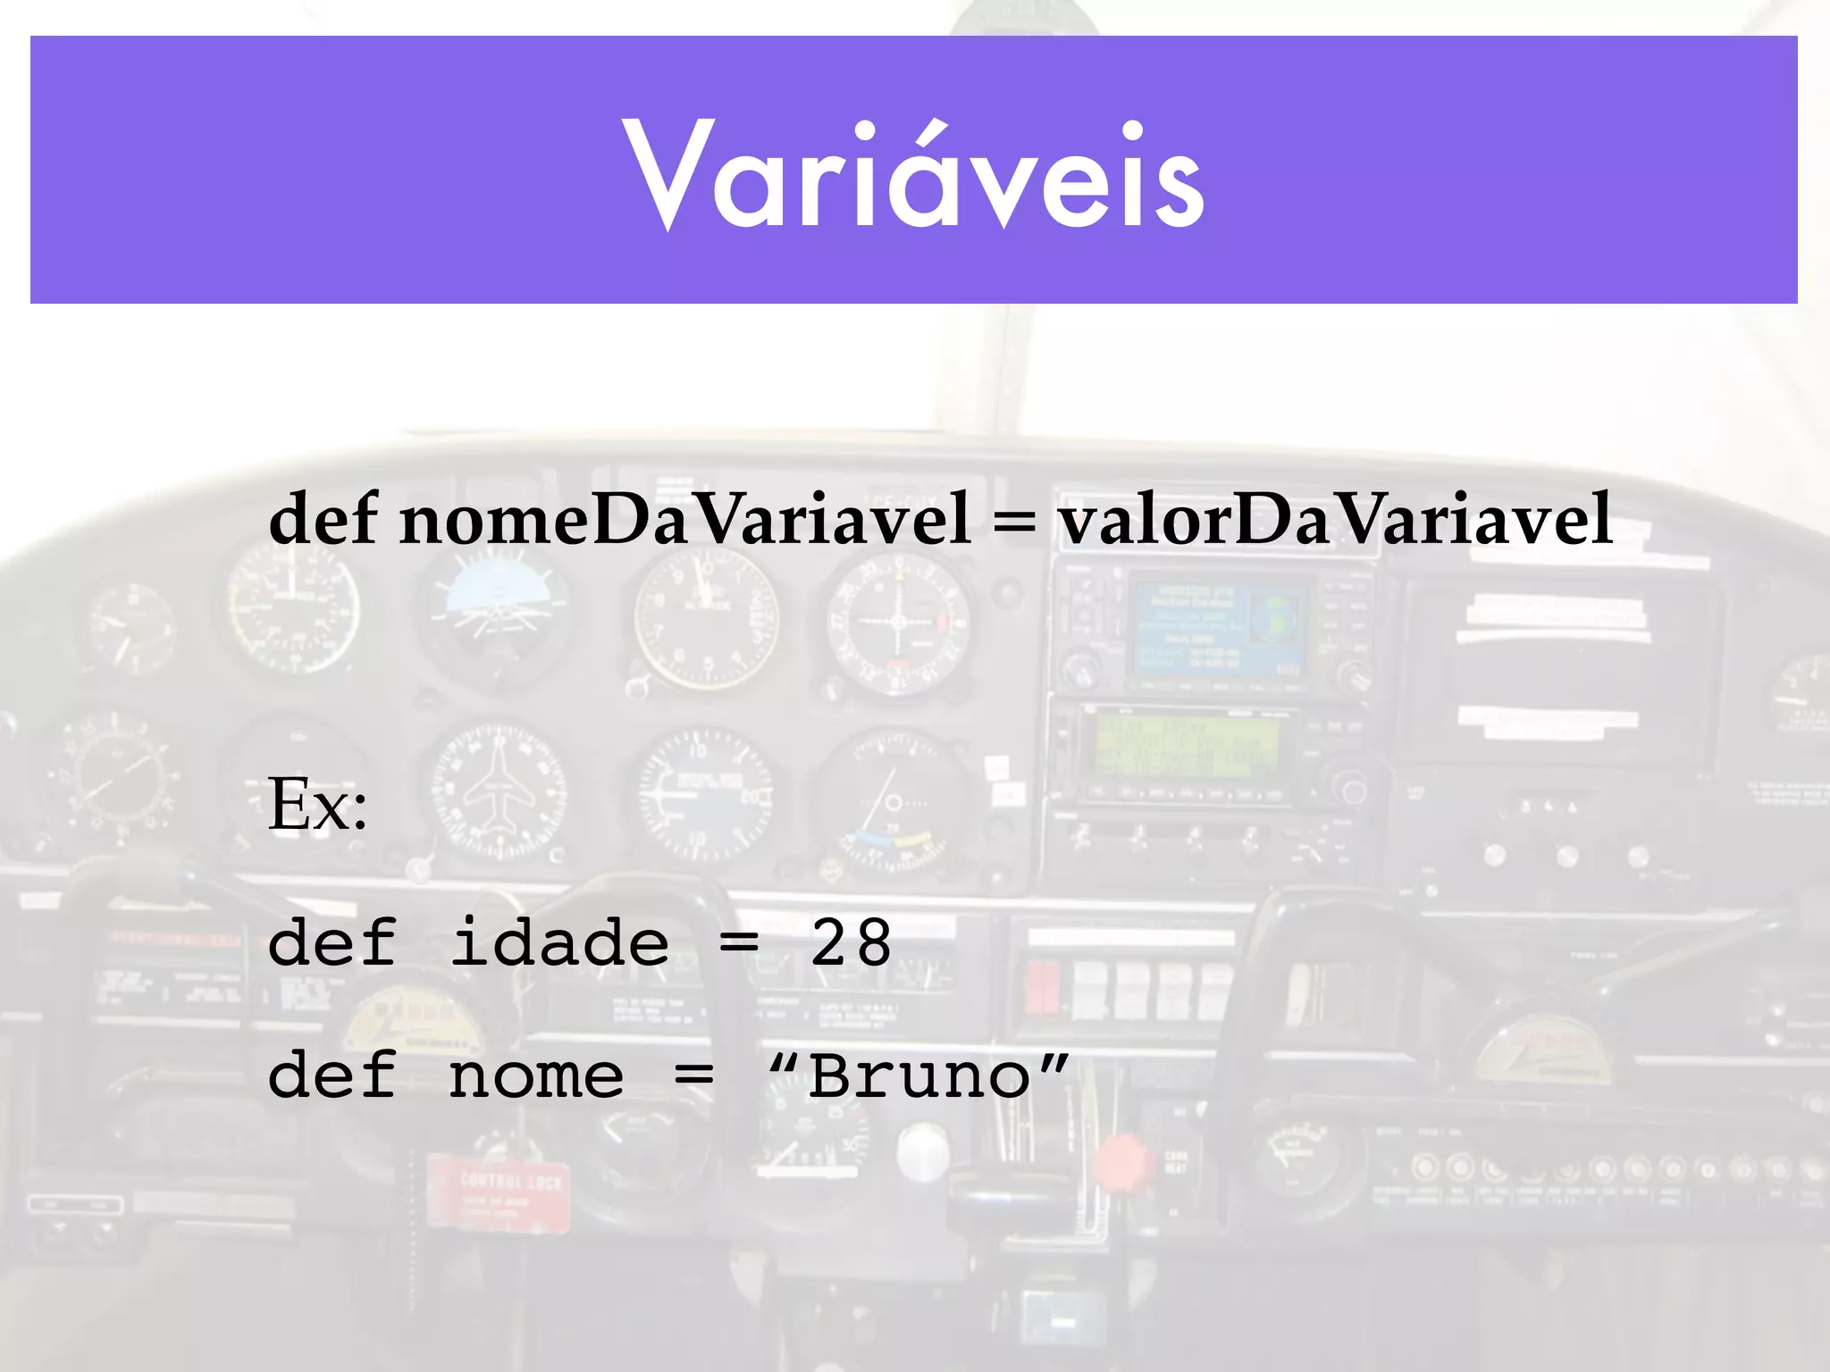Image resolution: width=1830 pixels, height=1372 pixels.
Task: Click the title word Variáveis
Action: tap(913, 175)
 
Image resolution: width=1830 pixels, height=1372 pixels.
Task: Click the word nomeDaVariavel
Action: tap(684, 520)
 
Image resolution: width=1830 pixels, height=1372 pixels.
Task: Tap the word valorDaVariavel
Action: tap(1335, 520)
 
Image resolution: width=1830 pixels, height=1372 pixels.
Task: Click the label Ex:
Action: tap(317, 804)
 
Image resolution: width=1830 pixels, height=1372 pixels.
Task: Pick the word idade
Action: tap(559, 943)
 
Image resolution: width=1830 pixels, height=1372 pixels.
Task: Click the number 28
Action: tap(851, 943)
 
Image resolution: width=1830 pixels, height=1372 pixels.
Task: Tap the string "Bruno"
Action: tap(919, 1075)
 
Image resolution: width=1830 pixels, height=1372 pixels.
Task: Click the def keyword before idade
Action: tap(332, 942)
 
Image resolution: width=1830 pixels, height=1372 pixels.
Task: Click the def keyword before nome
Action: tap(332, 1075)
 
